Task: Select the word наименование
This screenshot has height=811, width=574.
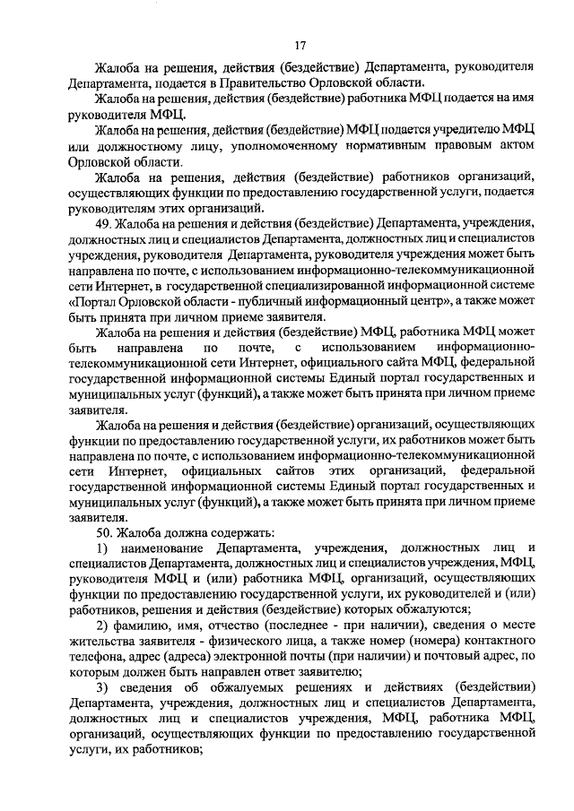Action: point(161,547)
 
